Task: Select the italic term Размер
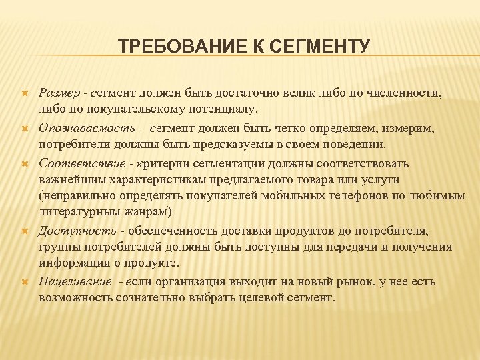point(58,91)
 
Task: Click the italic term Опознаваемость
point(86,127)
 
